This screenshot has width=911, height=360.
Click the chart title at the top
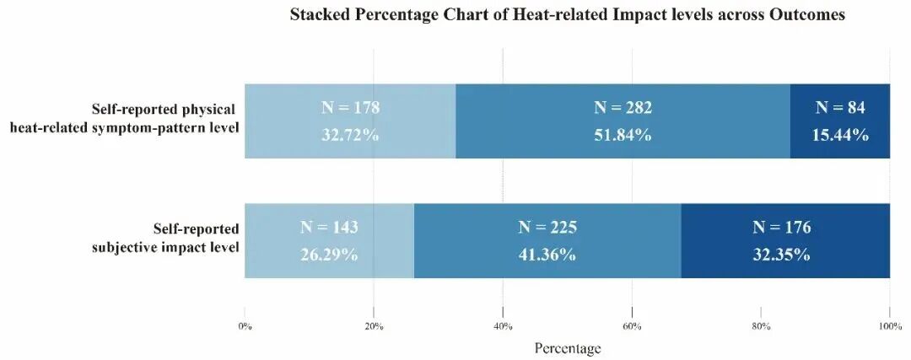567,16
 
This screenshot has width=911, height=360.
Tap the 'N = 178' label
350,107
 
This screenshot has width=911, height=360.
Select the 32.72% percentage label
350,135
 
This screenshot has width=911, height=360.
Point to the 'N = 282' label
623,107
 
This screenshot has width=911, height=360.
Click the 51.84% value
623,135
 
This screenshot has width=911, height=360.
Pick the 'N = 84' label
840,107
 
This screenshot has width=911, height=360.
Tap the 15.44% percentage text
840,135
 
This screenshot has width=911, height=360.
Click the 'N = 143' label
329,227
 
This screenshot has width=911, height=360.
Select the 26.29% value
329,255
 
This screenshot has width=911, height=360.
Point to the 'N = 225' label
547,227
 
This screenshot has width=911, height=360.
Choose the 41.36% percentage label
547,255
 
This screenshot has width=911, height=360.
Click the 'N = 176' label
781,227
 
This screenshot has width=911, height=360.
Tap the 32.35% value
781,255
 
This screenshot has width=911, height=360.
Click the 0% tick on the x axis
245,327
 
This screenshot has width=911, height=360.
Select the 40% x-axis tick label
503,327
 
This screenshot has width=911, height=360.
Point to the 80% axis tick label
761,327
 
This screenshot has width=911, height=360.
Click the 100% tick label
890,327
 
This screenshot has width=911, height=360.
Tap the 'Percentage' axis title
567,348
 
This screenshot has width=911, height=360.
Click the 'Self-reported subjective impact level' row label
165,238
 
